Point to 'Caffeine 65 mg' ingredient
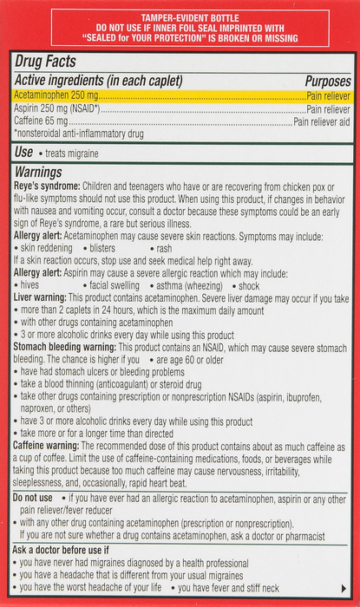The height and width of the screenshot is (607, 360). coord(43,123)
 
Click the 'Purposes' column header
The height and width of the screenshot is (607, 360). coord(327,81)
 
